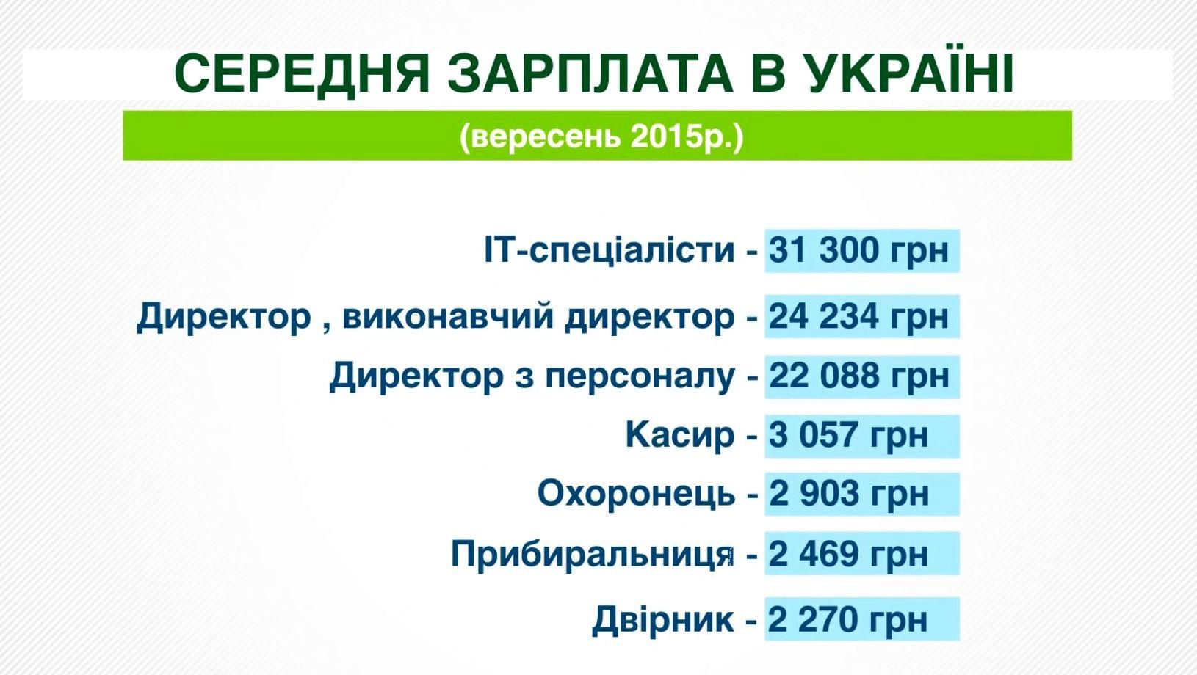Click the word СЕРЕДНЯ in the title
pos(302,74)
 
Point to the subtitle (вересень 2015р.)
pos(601,136)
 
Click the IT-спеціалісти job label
pos(609,250)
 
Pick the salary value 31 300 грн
pos(858,250)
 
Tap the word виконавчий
pos(448,317)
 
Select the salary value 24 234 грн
pos(858,317)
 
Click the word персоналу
pos(639,376)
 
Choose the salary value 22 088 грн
pos(858,376)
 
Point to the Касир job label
pos(679,435)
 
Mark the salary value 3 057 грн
pos(848,435)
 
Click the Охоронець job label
pos(636,493)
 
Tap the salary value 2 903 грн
pos(848,493)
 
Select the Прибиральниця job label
pos(592,554)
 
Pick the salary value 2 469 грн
pos(848,554)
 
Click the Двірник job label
pos(662,620)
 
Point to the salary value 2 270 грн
pos(847,620)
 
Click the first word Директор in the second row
pos(224,317)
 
